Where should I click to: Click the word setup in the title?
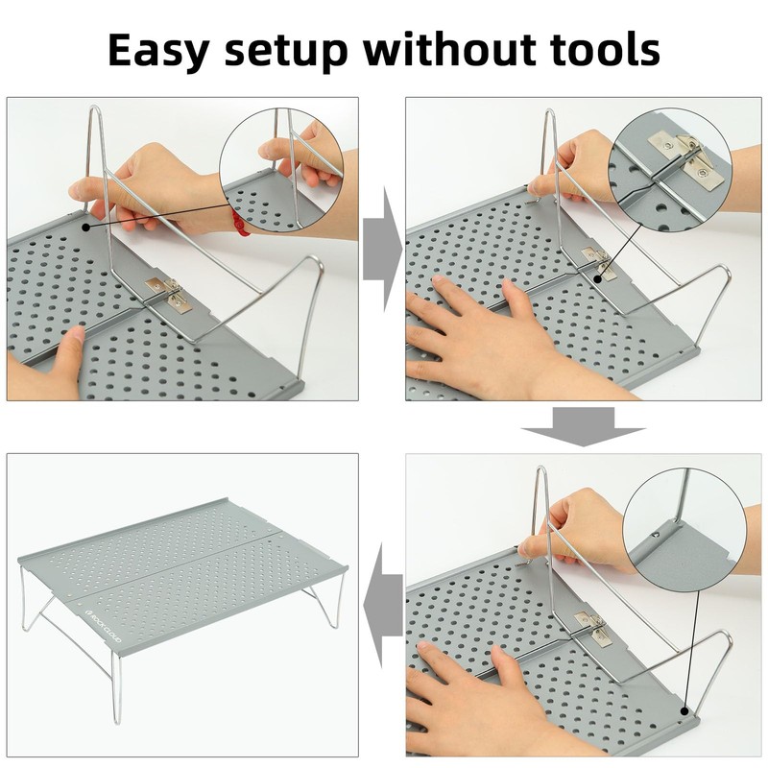[x=286, y=52]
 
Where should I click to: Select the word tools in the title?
[x=605, y=50]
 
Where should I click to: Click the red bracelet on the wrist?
[x=240, y=223]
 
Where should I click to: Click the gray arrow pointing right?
[x=382, y=250]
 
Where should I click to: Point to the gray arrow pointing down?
[x=583, y=427]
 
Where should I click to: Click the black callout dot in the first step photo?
[x=86, y=228]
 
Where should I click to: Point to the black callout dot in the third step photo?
[x=684, y=710]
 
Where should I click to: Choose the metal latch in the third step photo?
[x=595, y=627]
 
